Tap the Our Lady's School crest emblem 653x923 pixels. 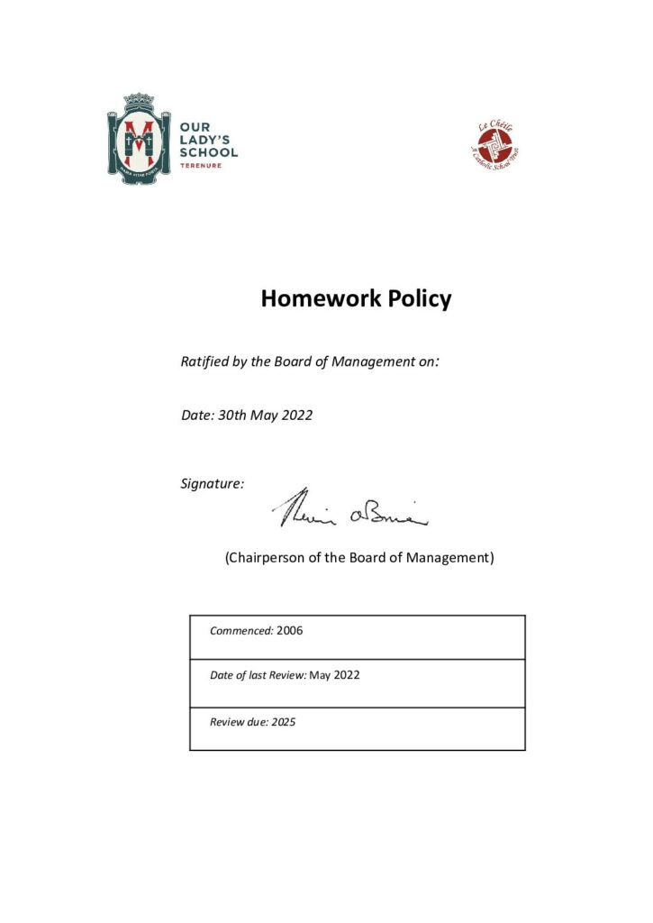[x=139, y=139]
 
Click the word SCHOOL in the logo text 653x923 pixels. [x=208, y=153]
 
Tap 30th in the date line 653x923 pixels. [x=234, y=416]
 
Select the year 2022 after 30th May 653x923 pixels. [x=297, y=416]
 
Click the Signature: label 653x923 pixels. [x=213, y=484]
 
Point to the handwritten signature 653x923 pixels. [x=349, y=512]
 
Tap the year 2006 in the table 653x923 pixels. [x=290, y=631]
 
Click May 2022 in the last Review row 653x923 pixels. [x=334, y=675]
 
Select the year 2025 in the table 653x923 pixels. [x=284, y=722]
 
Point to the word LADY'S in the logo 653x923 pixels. [x=205, y=141]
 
